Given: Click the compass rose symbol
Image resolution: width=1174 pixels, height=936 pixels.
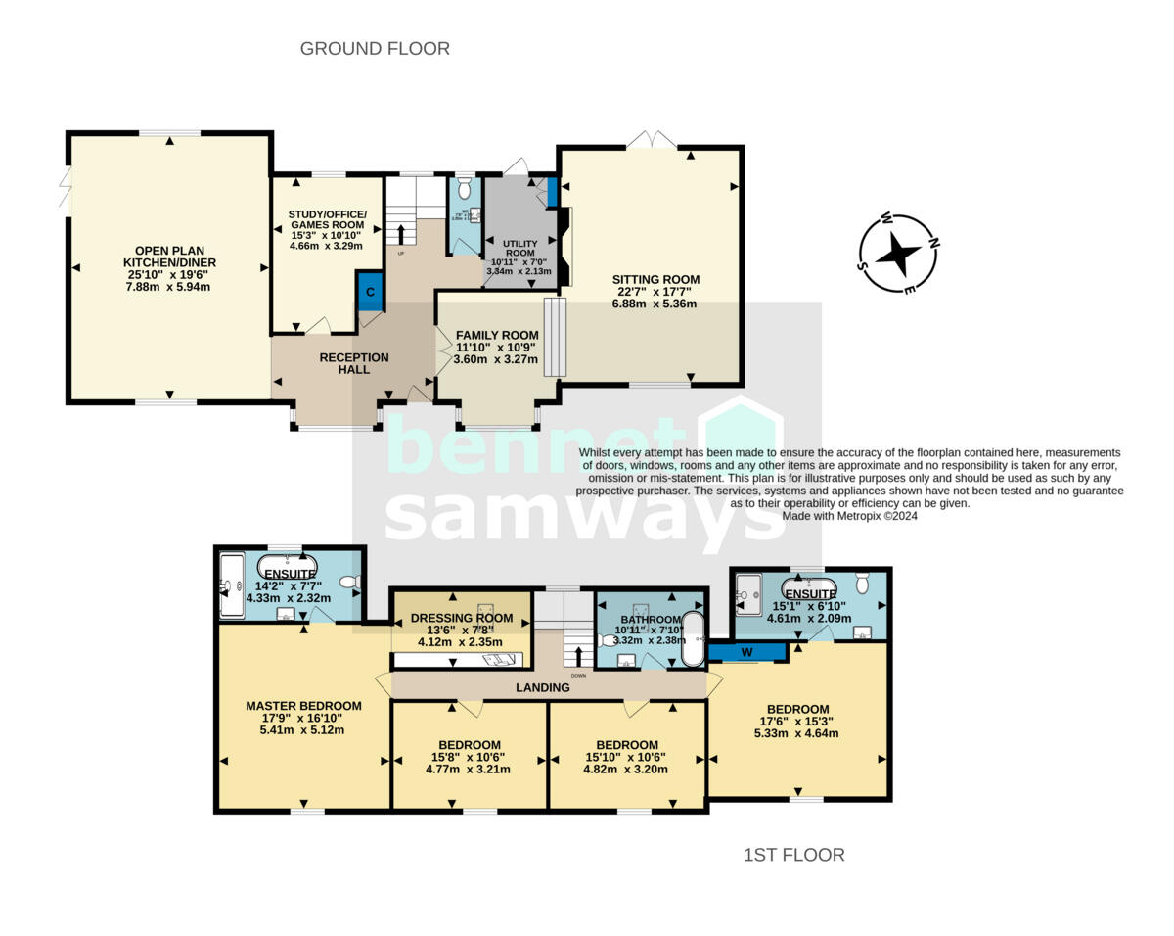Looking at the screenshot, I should tap(896, 254).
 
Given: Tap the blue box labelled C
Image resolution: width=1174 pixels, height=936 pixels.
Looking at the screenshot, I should tap(370, 291).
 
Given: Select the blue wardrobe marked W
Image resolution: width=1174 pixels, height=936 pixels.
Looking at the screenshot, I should tap(747, 650).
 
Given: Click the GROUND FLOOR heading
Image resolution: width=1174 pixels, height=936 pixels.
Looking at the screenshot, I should tap(375, 48).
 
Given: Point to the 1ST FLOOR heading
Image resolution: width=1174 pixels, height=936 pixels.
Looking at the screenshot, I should tap(794, 855).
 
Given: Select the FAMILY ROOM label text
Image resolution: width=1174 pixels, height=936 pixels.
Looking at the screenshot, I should tap(497, 335).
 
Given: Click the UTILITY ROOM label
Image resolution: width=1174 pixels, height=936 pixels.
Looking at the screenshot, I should tap(520, 249).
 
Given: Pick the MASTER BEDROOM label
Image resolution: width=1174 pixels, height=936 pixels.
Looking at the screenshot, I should tap(303, 705).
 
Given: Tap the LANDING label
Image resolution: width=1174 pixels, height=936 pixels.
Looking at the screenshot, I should tap(543, 687).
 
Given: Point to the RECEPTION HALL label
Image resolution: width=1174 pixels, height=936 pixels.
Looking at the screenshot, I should tap(354, 363).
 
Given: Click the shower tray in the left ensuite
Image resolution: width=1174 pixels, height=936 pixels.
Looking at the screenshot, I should tap(231, 585).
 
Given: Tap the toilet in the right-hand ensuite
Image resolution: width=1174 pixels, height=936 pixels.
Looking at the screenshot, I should tap(862, 584).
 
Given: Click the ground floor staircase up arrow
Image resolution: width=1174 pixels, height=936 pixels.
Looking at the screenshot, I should tap(400, 233).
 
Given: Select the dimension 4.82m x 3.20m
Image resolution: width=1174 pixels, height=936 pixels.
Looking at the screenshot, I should tap(627, 769).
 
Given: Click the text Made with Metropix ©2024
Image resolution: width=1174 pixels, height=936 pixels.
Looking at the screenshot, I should tap(850, 515).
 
